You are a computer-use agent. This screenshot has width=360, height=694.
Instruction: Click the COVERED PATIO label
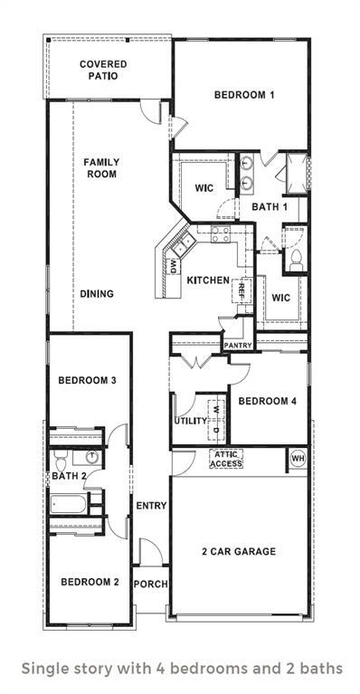(x=103, y=70)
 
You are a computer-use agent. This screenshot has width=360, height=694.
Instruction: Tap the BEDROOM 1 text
(x=244, y=95)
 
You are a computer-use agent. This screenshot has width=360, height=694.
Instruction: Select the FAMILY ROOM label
(x=101, y=168)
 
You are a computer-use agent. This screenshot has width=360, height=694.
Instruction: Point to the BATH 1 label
(x=270, y=207)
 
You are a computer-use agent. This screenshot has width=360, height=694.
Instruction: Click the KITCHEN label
(x=208, y=280)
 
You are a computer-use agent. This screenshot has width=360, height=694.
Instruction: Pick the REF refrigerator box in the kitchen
(x=242, y=291)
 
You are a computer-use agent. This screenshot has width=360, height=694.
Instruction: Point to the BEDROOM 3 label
(x=87, y=381)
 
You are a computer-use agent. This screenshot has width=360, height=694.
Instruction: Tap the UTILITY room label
(x=191, y=421)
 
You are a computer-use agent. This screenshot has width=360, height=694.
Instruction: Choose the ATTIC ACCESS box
(x=226, y=459)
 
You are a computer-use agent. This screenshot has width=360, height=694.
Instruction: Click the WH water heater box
(x=297, y=459)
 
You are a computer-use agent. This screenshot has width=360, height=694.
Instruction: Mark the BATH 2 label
(x=69, y=476)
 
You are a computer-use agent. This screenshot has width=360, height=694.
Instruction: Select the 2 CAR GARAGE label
(x=239, y=551)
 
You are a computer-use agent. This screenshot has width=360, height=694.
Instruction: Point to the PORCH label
(x=150, y=584)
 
